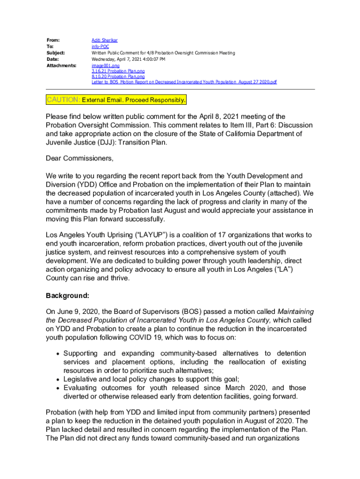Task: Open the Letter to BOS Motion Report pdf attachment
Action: [x=184, y=82]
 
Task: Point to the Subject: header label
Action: [x=55, y=53]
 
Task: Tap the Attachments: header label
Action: [x=61, y=66]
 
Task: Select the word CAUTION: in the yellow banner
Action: [x=64, y=100]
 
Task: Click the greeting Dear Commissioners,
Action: [x=79, y=158]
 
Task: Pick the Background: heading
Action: [x=67, y=296]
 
